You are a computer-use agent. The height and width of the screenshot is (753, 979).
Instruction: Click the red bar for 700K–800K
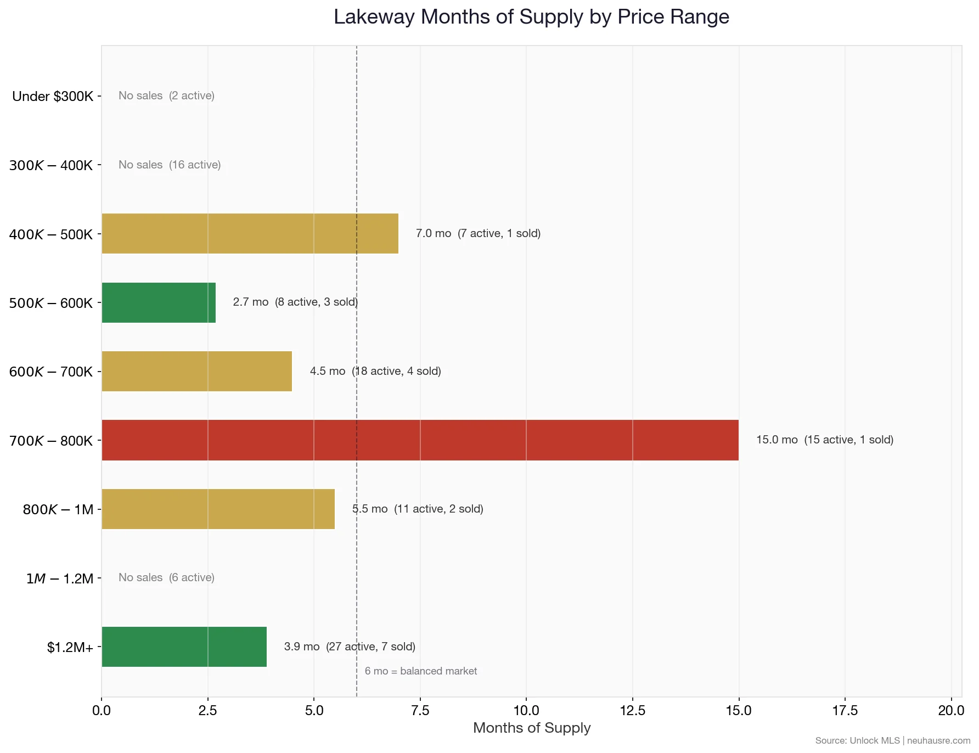420,440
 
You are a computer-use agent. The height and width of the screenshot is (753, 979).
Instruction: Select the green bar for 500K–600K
159,303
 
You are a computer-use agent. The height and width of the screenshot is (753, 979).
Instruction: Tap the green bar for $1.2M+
184,647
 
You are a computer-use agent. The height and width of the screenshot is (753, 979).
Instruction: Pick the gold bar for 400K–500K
250,234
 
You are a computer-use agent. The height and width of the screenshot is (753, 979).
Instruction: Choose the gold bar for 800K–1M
218,509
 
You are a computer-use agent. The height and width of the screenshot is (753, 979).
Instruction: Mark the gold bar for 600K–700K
196,372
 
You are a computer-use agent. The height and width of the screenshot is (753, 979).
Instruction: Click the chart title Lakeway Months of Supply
531,17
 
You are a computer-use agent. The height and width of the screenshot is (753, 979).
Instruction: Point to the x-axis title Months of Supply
531,728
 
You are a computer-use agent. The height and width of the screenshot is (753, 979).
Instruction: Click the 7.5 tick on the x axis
420,710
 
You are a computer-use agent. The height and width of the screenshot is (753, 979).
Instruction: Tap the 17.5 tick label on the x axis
845,710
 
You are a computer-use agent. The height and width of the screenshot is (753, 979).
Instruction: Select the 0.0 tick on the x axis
102,710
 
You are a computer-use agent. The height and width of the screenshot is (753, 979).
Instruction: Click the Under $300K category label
53,97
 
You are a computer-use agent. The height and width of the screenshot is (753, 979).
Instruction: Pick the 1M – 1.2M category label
60,578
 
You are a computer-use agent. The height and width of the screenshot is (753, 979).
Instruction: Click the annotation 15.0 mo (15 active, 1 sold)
824,440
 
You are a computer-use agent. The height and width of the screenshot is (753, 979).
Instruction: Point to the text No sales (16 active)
170,165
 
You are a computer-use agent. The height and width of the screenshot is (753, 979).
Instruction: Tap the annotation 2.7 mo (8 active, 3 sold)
295,302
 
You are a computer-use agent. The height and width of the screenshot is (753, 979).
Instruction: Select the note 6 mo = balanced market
420,671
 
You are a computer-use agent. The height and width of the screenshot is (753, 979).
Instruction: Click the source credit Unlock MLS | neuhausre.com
892,740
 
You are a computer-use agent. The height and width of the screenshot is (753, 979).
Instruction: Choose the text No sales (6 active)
166,577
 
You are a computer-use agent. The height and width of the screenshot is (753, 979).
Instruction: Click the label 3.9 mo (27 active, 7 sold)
350,647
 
